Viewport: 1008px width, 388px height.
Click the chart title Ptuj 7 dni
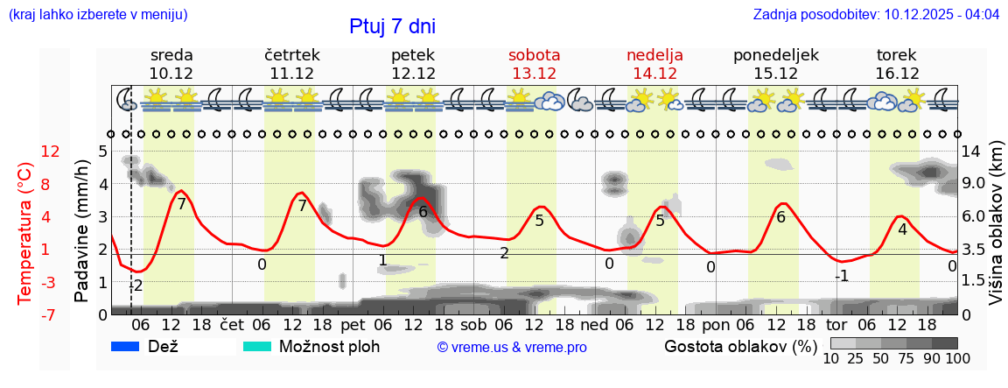tap(392, 26)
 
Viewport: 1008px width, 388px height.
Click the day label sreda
tap(171, 55)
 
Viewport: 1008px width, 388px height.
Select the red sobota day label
tap(534, 55)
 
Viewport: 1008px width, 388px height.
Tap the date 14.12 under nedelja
tap(654, 74)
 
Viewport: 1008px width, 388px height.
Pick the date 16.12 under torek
tap(897, 74)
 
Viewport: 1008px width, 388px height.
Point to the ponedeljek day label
tap(775, 55)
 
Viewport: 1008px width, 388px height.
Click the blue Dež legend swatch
tap(125, 347)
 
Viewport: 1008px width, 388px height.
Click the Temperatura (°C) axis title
tap(25, 233)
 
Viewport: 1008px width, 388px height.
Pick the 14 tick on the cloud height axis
tap(971, 152)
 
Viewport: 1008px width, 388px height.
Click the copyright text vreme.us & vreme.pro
tap(512, 348)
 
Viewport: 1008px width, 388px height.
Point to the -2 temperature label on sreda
tap(136, 286)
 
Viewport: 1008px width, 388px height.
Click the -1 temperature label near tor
tap(841, 276)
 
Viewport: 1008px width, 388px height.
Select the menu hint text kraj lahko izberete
tap(97, 15)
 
